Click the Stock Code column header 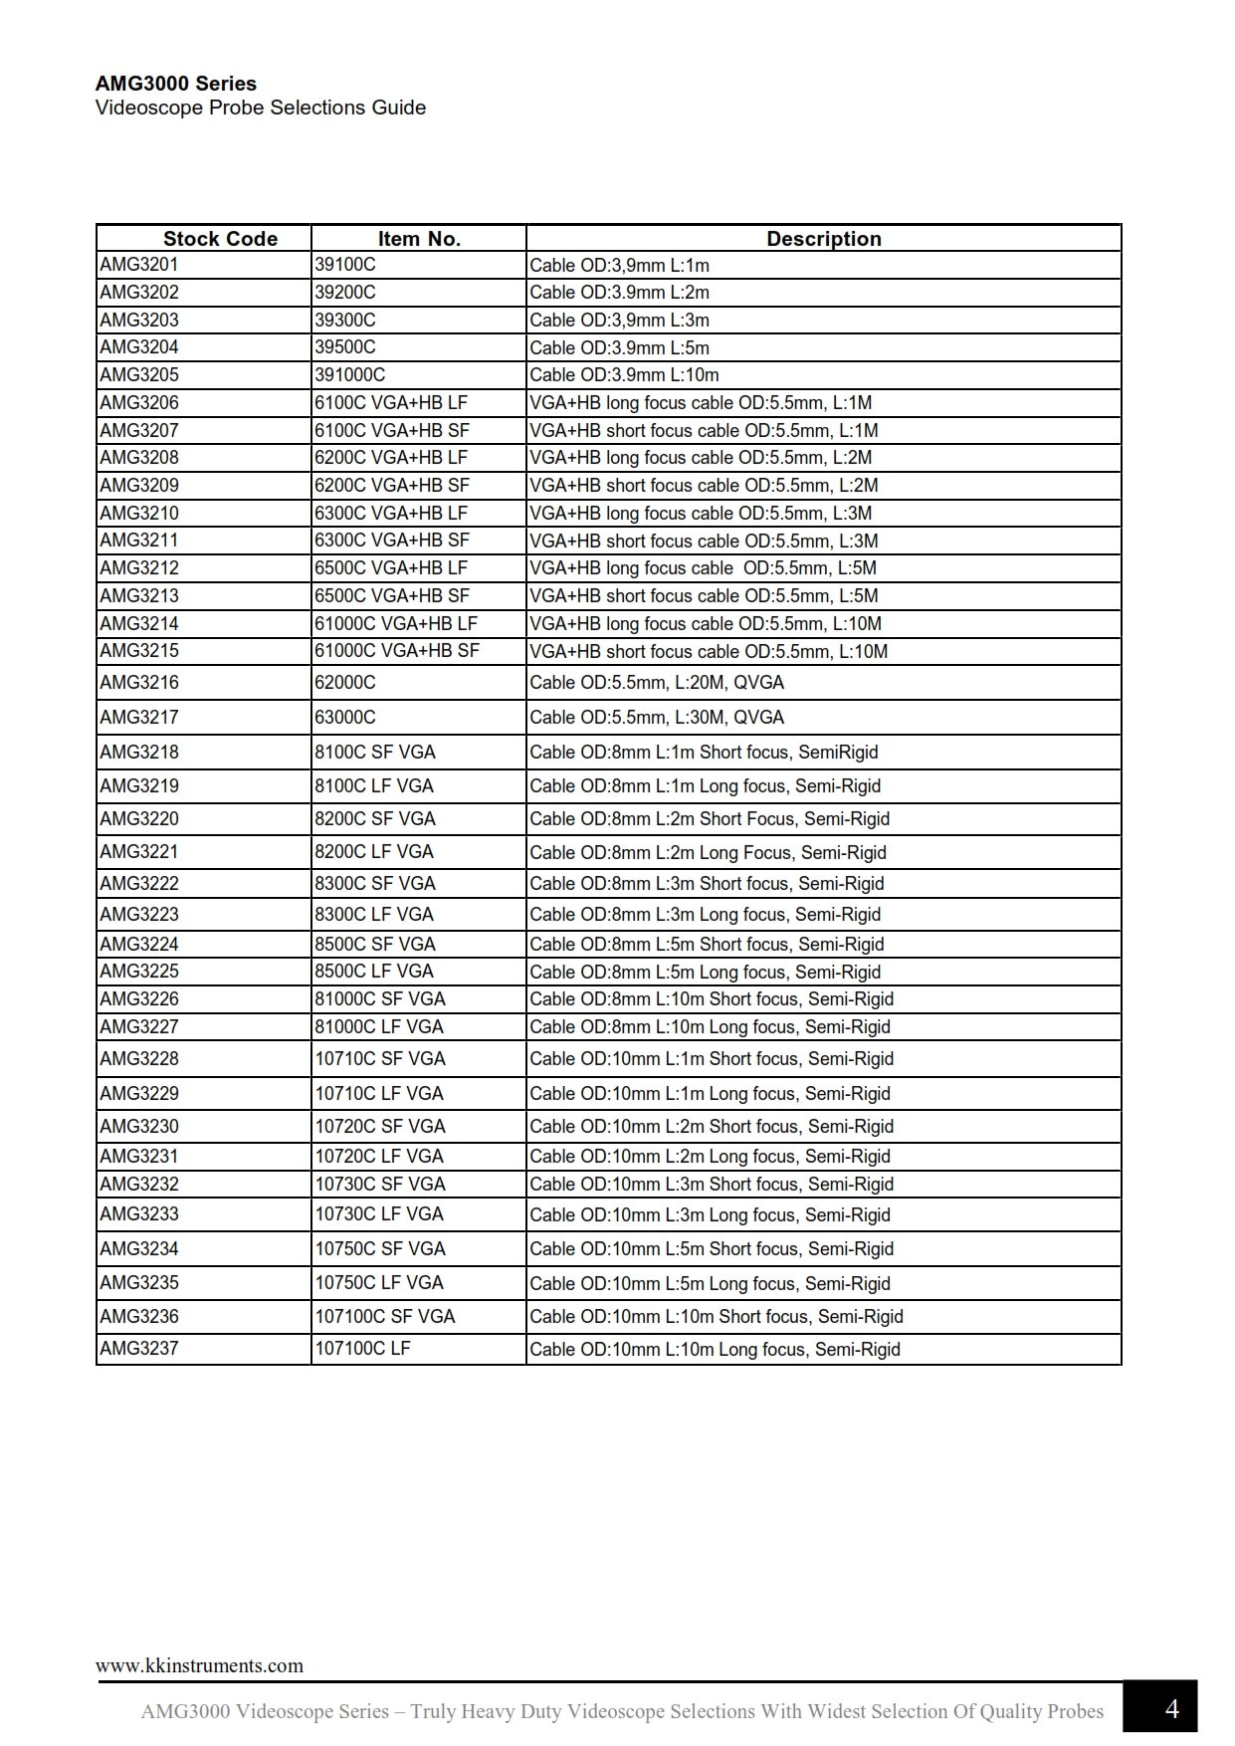tap(220, 239)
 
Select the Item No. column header tap(419, 239)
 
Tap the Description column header tap(823, 239)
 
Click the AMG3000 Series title tap(176, 84)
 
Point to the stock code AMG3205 tap(139, 374)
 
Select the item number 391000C tap(350, 374)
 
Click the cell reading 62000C tap(345, 682)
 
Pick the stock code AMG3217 tap(139, 717)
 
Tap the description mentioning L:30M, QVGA tap(657, 718)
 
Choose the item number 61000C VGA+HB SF tap(397, 650)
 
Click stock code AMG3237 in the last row tap(139, 1348)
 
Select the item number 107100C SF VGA tap(385, 1316)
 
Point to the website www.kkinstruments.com tap(199, 1665)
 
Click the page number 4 tap(1171, 1709)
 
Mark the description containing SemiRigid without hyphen tap(704, 753)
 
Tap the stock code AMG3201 tap(139, 264)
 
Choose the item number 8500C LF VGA tap(374, 971)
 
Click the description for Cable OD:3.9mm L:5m tap(619, 347)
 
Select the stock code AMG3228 tap(139, 1058)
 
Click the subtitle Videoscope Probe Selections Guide tap(261, 108)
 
